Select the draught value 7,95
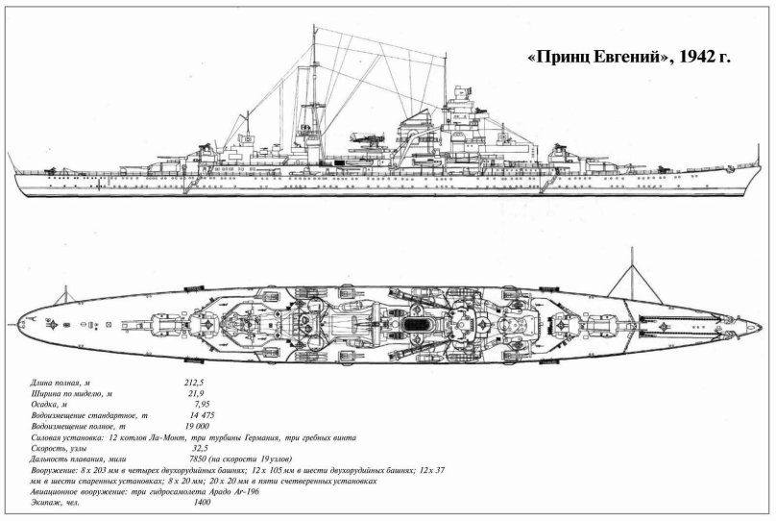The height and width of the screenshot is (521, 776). click(x=199, y=405)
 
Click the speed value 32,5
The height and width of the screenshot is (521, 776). click(x=200, y=447)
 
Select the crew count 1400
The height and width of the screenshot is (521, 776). click(x=202, y=502)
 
